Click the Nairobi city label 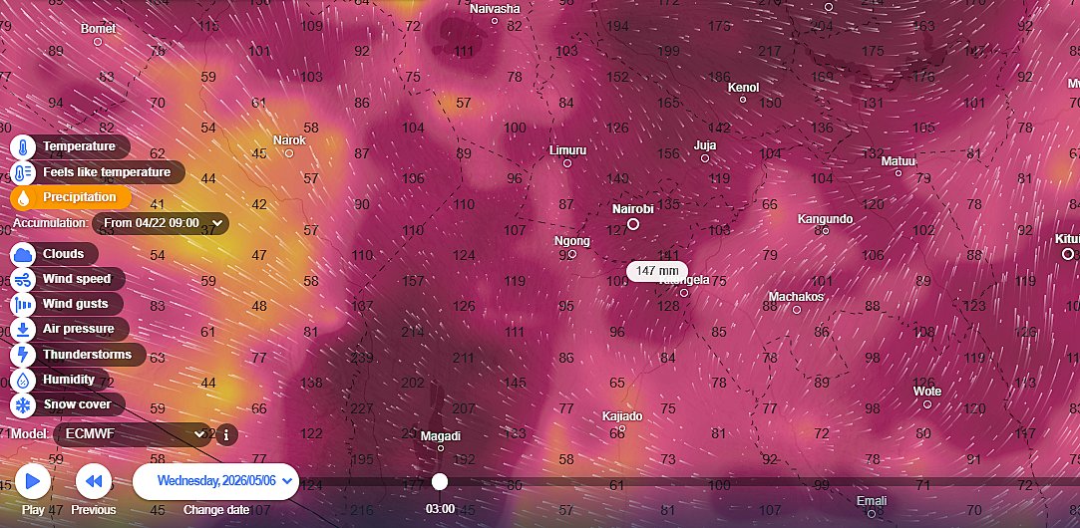click(x=632, y=209)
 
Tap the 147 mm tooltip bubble click(x=657, y=271)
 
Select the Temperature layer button click(x=71, y=146)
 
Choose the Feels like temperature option click(x=98, y=172)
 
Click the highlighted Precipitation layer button click(x=71, y=197)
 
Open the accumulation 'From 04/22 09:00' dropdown click(x=161, y=223)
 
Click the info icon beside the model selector click(x=226, y=434)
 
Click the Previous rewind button click(x=94, y=482)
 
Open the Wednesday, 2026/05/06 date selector click(x=216, y=481)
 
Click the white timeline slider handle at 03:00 click(x=440, y=482)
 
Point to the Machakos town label click(x=795, y=297)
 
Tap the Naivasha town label click(x=495, y=9)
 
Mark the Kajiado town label click(x=622, y=415)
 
